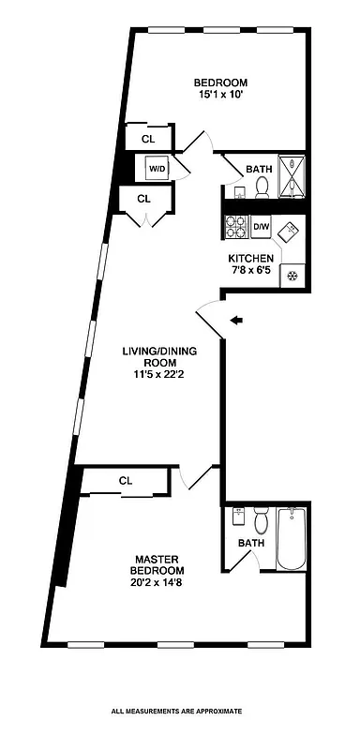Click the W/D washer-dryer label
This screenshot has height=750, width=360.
156,170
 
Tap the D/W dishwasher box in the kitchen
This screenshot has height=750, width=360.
262,227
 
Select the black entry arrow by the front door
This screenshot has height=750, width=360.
236,321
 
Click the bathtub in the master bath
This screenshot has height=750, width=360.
292,538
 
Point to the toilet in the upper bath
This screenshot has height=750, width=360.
262,187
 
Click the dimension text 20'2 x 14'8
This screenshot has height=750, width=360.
157,582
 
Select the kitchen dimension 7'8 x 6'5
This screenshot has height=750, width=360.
250,271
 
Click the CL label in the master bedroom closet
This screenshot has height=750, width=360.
126,480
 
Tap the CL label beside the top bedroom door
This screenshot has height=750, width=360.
148,139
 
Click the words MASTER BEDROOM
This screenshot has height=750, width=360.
157,564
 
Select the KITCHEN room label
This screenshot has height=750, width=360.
250,259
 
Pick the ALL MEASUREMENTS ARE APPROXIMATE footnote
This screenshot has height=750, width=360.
177,712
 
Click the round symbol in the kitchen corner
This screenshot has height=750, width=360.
292,276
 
